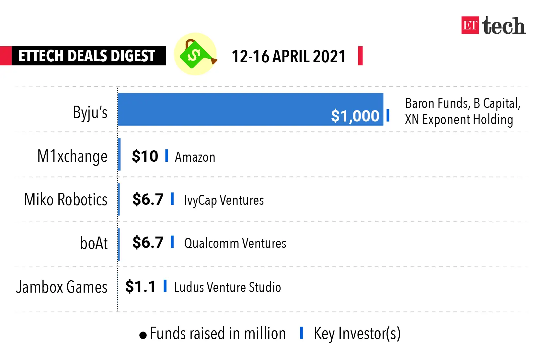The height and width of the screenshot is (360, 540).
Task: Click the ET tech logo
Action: point(493,26)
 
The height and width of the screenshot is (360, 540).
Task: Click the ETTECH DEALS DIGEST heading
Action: point(87,56)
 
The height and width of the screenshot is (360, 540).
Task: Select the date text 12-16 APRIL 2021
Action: point(289,56)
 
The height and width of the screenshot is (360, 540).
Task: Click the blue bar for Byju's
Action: point(227,110)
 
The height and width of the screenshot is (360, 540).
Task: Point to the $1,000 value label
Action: point(355,116)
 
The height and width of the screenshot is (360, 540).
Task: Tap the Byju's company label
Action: point(90,112)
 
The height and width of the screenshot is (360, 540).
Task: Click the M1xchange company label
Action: point(72,156)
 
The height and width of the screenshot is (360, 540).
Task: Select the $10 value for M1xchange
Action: point(145,156)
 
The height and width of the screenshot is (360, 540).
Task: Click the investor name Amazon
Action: point(195,157)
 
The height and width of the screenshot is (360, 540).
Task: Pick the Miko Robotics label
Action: point(66,199)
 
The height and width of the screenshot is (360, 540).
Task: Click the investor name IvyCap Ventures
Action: point(224,200)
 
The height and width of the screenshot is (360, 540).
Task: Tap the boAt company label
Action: point(94,243)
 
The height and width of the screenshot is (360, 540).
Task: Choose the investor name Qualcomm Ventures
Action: point(235,243)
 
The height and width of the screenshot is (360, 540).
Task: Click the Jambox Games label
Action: point(62,287)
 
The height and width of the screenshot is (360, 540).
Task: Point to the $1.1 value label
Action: point(141,286)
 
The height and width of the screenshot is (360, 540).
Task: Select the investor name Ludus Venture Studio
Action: point(227,287)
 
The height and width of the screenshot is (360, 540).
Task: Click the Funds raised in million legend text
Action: point(217,334)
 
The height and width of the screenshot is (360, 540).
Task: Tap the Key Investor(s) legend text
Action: point(357,334)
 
